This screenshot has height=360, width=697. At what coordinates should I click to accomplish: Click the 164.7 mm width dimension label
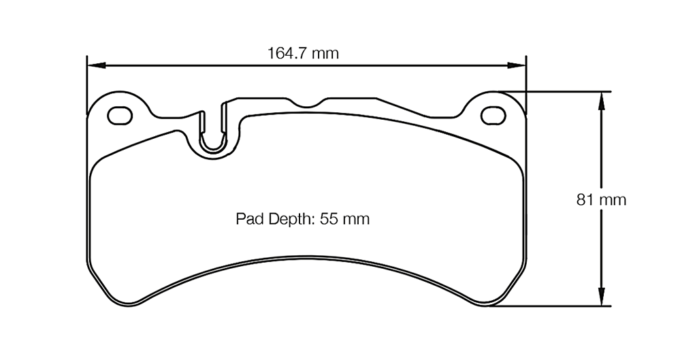[x=303, y=53]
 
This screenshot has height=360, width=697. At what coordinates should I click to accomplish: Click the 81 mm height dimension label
[x=601, y=200]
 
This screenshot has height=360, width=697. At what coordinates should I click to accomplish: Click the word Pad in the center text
[x=247, y=219]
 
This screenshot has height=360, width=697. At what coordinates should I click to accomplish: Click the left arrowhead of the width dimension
[x=96, y=66]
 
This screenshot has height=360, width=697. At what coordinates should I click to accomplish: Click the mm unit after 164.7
[x=325, y=53]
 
